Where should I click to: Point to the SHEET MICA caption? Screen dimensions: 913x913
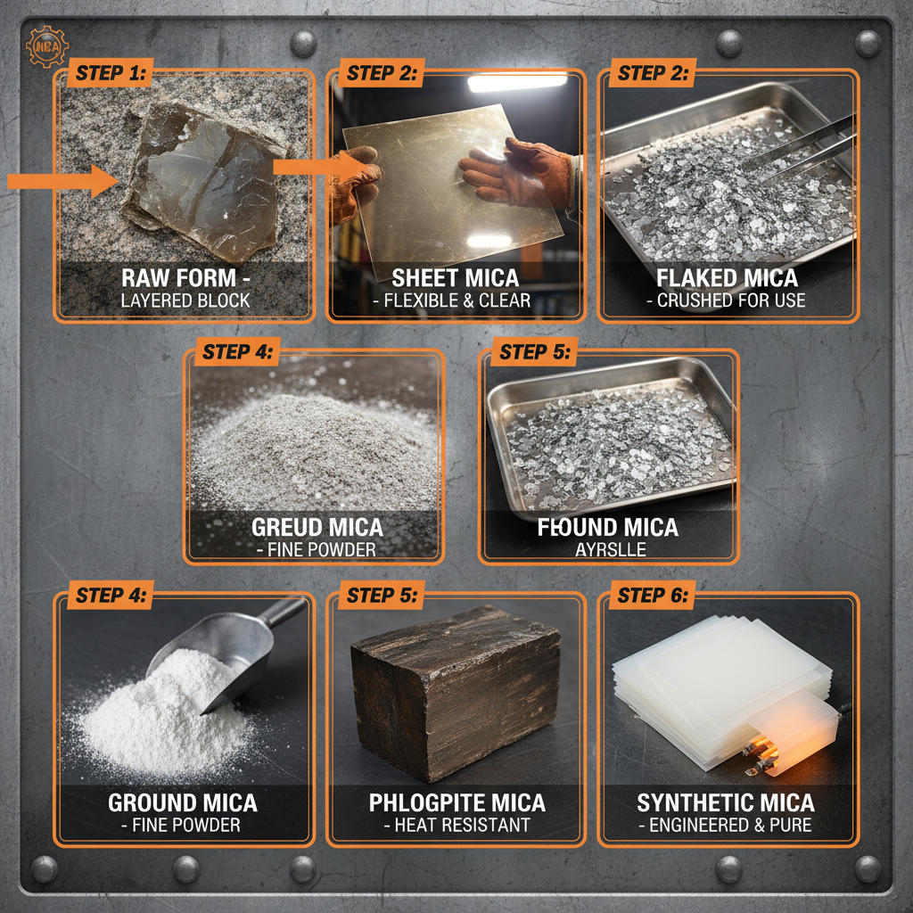coord(456,276)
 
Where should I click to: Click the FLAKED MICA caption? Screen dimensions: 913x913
coord(726,276)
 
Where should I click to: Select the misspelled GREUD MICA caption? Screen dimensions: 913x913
coord(317,526)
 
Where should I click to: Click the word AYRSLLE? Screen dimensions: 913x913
coord(610,549)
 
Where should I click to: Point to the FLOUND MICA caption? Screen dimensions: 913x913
coord(608,526)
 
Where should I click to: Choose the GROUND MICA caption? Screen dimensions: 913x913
coord(183,802)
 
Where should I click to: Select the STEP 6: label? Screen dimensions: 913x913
coord(654,596)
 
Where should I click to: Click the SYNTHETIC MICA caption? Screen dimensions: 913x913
coord(726,802)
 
